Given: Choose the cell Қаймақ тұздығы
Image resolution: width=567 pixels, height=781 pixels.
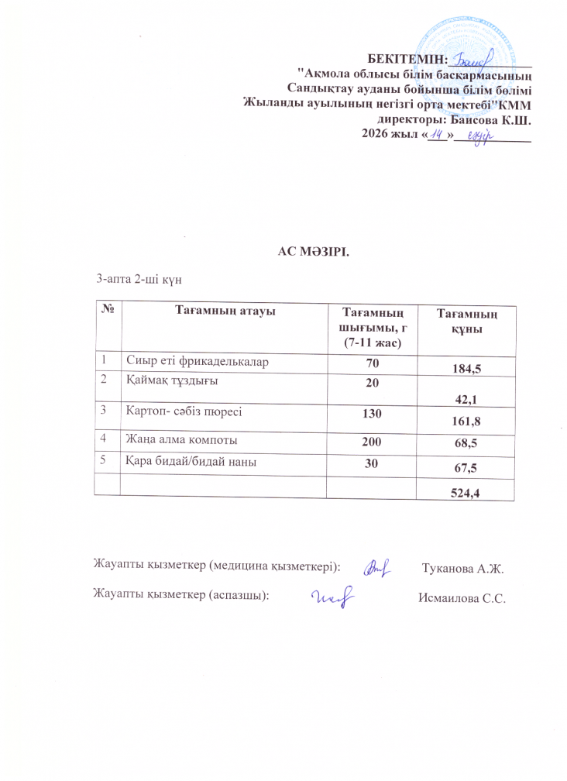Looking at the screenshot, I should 172,380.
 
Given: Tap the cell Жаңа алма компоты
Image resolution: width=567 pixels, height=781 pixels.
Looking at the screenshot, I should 182,439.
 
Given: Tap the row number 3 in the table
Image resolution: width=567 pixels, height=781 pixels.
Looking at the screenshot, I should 101,414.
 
